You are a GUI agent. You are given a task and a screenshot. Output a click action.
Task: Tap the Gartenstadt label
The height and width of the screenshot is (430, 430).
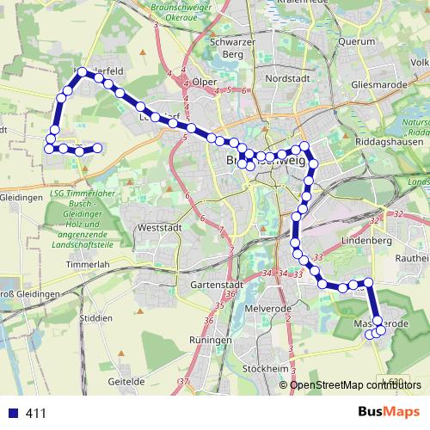pos(214,284)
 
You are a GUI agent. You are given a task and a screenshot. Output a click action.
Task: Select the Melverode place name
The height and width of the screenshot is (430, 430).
pos(265,308)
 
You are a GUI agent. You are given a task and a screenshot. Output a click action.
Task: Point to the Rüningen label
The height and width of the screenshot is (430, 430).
pos(212,340)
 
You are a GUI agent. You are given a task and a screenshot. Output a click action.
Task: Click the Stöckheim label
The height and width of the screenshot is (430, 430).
pos(265,368)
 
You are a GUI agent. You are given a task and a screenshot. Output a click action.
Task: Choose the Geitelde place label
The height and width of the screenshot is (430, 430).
pos(126,379)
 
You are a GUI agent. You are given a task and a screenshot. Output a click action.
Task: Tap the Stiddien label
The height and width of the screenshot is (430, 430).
pos(95,317)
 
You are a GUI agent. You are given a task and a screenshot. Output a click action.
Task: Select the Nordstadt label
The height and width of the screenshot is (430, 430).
pos(286,77)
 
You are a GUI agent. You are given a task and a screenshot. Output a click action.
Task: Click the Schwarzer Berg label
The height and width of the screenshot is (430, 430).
pos(236,46)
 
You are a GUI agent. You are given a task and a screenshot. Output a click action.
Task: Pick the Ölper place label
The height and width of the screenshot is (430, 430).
pos(205,82)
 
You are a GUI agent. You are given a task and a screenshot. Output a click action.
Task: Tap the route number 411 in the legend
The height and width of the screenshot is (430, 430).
pos(36,414)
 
